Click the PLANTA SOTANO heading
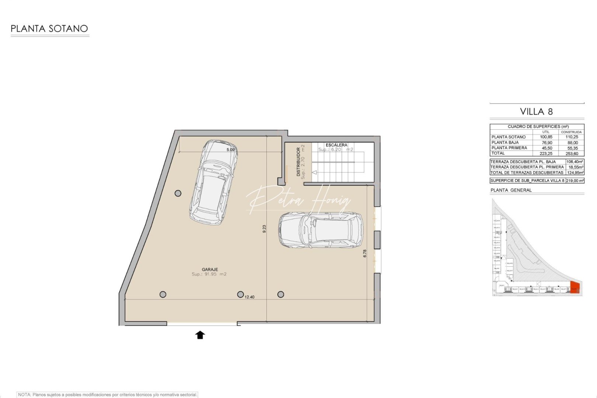[49, 29]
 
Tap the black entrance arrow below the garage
[200, 335]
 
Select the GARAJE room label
[210, 269]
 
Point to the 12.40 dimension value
[249, 297]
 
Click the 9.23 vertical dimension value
[264, 229]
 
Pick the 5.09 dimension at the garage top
[230, 150]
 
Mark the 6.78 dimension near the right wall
[365, 253]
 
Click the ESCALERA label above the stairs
[336, 145]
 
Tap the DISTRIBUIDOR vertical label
[298, 162]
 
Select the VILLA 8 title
[536, 112]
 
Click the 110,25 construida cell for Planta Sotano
[572, 137]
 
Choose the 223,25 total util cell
[547, 154]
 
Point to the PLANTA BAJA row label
[505, 143]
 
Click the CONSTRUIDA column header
[571, 132]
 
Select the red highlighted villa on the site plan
[575, 287]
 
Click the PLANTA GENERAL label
[511, 190]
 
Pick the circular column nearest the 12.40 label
[240, 294]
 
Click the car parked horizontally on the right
[320, 230]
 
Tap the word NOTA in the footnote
[24, 395]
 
